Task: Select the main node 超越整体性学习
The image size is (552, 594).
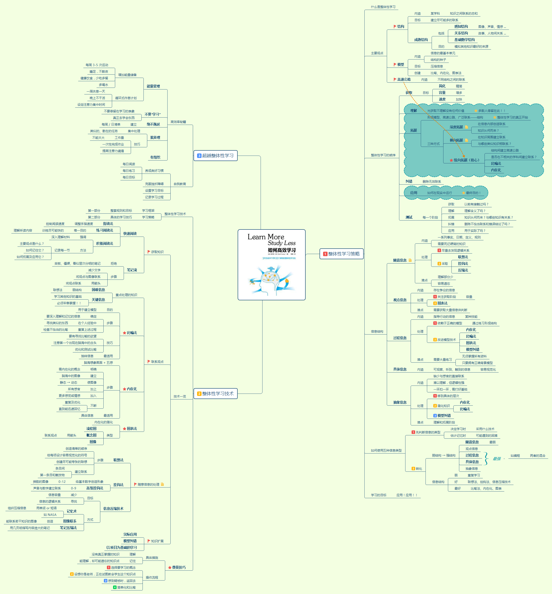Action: pos(215,155)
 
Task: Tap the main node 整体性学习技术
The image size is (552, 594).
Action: pos(215,394)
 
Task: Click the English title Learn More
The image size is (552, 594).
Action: pos(265,237)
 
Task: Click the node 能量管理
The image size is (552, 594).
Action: pos(153,86)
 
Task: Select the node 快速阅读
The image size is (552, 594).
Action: pos(130,234)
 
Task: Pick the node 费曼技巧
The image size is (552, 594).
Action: pos(179,567)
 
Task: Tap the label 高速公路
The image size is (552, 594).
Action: pos(404,80)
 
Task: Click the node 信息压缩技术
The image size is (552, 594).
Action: pos(113,509)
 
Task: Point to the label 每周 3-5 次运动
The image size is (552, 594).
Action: pos(97,65)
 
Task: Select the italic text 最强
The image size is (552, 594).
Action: pos(497,459)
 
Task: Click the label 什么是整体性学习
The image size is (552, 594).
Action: pos(383,7)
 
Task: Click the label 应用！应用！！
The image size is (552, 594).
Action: pos(407,495)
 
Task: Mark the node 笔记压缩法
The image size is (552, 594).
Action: pos(68,528)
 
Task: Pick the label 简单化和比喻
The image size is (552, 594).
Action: pos(126,587)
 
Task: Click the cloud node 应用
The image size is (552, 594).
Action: pos(413,193)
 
